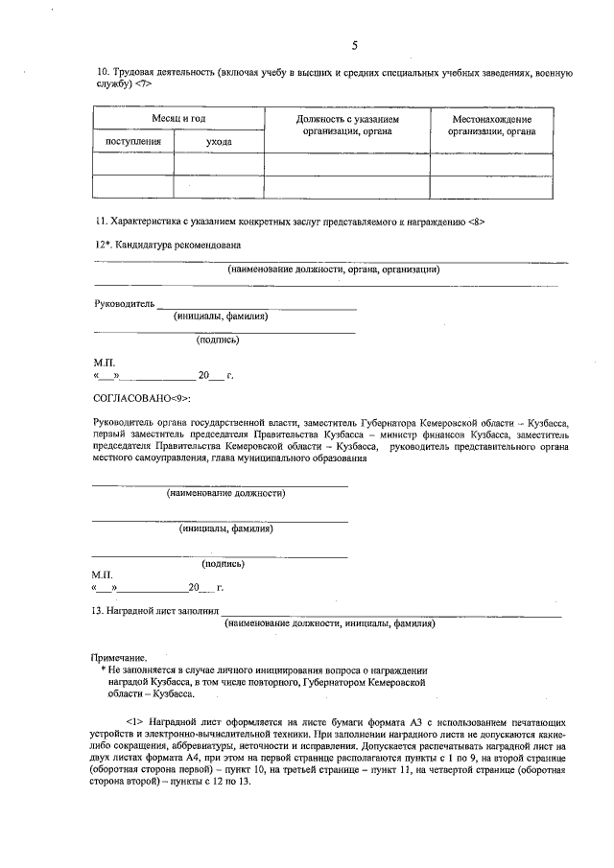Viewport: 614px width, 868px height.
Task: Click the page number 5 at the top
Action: point(354,46)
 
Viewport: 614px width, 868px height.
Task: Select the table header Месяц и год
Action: point(178,118)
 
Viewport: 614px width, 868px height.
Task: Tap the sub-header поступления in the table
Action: point(133,142)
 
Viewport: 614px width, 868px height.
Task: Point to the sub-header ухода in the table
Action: point(220,142)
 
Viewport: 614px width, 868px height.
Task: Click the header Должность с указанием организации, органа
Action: point(346,125)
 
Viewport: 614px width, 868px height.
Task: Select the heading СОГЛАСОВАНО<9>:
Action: point(142,397)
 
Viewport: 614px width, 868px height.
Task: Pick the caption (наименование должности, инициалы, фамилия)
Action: point(329,623)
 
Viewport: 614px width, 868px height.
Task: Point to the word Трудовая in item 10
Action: point(134,73)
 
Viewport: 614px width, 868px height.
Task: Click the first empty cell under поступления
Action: point(133,164)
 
